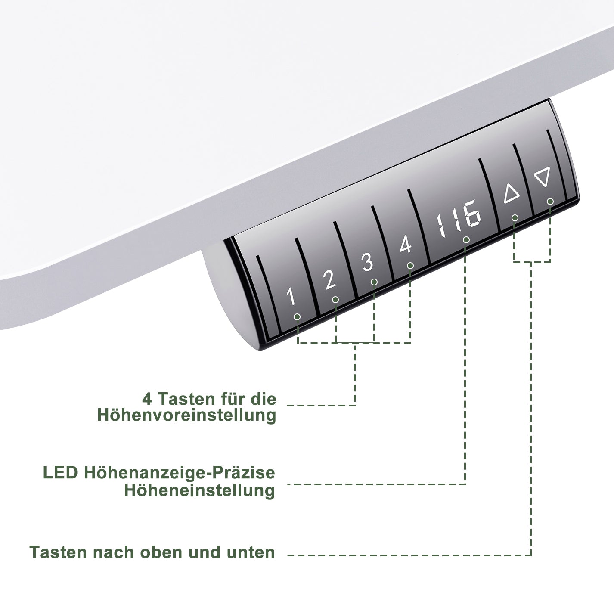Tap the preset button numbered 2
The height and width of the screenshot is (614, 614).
point(329,280)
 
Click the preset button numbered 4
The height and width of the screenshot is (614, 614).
point(405,245)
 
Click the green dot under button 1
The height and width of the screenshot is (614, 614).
point(297,317)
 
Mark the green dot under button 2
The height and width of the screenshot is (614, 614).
point(335,299)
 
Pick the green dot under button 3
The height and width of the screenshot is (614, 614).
point(374,282)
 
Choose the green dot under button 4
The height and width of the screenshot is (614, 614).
point(410,266)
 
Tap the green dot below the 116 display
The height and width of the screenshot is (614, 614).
point(466,240)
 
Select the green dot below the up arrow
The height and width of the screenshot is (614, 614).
point(515,218)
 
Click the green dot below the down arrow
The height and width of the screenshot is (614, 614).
point(550,202)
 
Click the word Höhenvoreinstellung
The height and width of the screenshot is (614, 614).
point(186,416)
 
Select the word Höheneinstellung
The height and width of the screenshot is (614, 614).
point(199,490)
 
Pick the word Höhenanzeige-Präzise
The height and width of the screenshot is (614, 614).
point(180,473)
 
